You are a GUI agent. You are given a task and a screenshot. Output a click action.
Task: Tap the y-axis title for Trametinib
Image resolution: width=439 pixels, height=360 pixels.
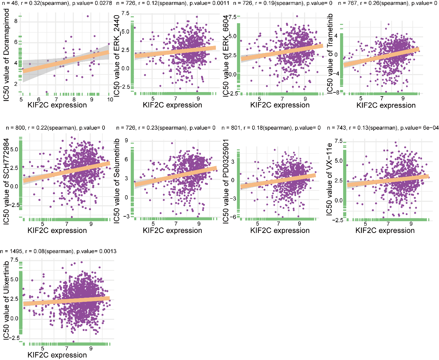point(330,54)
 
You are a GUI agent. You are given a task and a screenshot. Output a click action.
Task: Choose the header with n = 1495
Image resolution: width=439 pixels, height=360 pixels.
point(58,251)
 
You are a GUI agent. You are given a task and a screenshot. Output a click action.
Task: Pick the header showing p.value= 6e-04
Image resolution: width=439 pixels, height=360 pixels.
point(383,128)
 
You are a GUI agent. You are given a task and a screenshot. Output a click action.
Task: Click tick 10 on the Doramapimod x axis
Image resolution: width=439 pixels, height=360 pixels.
point(110,100)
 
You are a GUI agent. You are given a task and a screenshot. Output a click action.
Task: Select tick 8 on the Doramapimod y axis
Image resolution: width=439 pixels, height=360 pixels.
point(16,21)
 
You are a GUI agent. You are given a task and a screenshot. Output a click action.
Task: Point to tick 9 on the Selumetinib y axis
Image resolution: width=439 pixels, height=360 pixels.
point(127,141)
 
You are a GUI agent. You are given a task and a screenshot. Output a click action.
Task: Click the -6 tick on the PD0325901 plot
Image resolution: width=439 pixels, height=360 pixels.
point(234,217)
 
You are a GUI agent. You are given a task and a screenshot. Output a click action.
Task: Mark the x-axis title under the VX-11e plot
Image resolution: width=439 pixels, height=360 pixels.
point(385,231)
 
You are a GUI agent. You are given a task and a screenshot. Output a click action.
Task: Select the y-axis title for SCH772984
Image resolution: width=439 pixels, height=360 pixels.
point(6,182)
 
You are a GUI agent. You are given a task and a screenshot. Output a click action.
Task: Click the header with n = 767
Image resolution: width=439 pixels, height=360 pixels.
point(383,3)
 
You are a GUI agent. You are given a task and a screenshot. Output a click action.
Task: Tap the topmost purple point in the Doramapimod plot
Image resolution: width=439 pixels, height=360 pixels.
point(88,16)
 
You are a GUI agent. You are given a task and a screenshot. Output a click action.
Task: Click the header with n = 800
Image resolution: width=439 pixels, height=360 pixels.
point(55,128)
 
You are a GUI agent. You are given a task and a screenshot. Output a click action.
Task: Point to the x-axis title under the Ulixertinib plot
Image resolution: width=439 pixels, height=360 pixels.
point(57,355)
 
